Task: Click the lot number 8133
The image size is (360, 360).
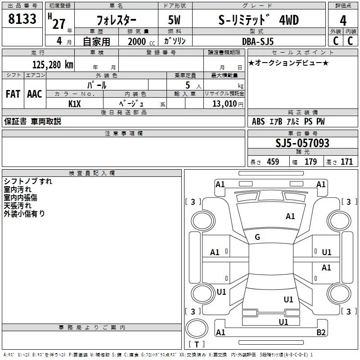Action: pyautogui.click(x=22, y=19)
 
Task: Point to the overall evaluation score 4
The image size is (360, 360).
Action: pyautogui.click(x=343, y=20)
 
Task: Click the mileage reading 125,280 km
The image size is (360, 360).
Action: pyautogui.click(x=53, y=65)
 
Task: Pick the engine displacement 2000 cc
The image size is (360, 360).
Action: pyautogui.click(x=138, y=41)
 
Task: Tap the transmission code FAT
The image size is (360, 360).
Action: pyautogui.click(x=13, y=94)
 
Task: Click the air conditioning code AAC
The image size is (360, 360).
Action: pyautogui.click(x=35, y=94)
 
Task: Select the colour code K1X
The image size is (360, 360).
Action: pyautogui.click(x=75, y=103)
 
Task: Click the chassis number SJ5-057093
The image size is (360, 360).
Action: pyautogui.click(x=302, y=143)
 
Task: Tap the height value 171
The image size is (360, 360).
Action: pyautogui.click(x=346, y=162)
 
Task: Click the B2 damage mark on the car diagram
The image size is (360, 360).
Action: pyautogui.click(x=321, y=333)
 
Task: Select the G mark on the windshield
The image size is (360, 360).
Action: pyautogui.click(x=257, y=237)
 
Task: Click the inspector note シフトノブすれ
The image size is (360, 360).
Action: pyautogui.click(x=28, y=181)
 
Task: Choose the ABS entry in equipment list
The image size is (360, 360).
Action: pyautogui.click(x=258, y=121)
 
